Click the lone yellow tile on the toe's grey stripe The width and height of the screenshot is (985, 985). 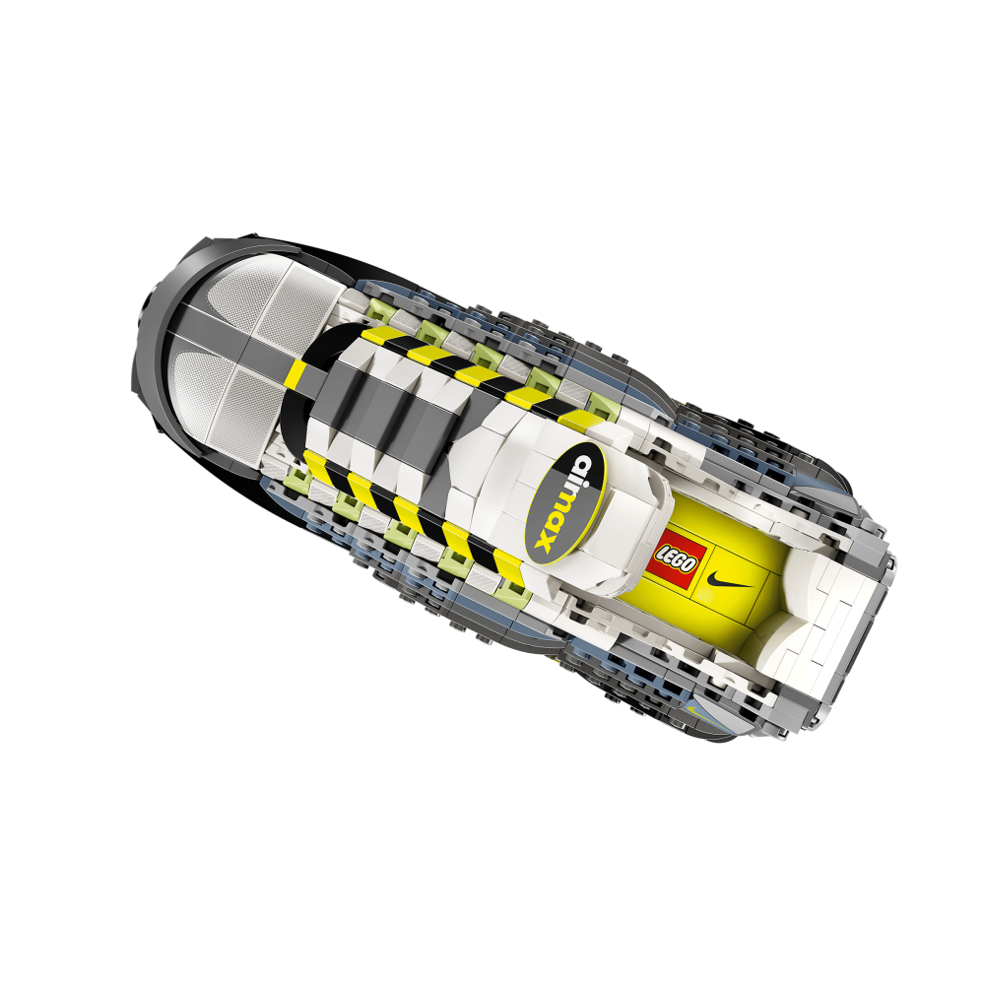point(296,373)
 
